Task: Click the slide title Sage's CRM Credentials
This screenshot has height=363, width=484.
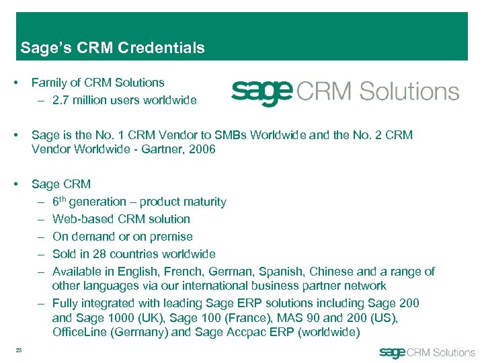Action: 112,48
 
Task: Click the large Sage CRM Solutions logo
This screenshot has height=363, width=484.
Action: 345,92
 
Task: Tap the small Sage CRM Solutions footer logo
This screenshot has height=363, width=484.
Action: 427,352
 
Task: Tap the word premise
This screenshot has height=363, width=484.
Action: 170,237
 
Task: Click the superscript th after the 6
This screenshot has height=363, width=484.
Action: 63,198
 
